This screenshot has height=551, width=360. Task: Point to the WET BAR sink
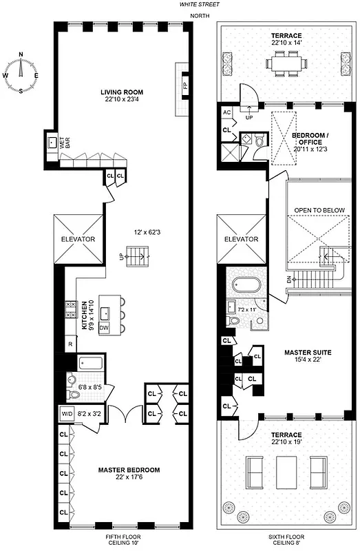52,144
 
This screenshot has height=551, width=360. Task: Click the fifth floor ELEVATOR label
82,239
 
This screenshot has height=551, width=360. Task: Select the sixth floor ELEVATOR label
241,239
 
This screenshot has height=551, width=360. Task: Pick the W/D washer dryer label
67,414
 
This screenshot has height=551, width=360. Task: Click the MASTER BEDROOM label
129,470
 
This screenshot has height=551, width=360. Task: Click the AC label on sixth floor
226,112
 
